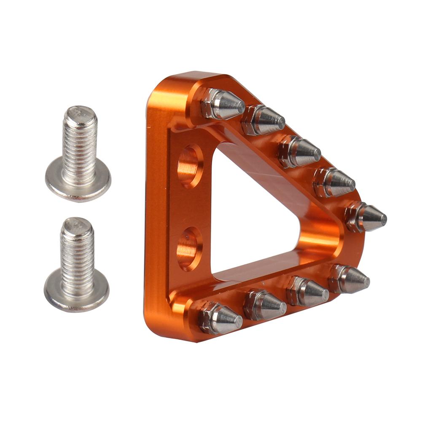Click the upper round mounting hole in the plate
tap(189, 166)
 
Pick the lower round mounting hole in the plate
tap(188, 248)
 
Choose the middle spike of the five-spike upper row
tap(300, 151)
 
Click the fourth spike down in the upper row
tap(335, 182)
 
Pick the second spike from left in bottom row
tap(265, 304)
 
